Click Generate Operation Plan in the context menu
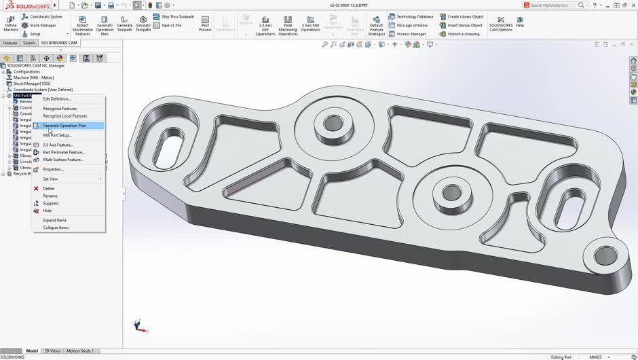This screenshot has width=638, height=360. click(x=64, y=126)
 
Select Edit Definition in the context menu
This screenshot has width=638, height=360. click(x=57, y=99)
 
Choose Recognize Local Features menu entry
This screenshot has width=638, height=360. click(x=64, y=116)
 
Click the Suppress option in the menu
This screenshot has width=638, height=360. click(x=51, y=203)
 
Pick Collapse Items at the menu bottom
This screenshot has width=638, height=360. click(x=56, y=228)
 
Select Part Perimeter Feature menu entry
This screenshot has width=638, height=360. click(x=64, y=152)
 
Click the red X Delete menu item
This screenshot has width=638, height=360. click(x=48, y=188)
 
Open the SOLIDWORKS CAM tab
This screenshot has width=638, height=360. click(x=59, y=43)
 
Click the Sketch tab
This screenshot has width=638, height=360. click(x=29, y=43)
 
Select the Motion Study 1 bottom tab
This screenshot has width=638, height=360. click(x=80, y=351)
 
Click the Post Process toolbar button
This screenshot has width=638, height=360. click(x=205, y=24)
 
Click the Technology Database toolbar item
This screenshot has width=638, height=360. click(x=414, y=16)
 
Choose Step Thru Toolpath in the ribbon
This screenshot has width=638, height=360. click(x=177, y=16)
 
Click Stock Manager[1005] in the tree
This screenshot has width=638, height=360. click(x=31, y=84)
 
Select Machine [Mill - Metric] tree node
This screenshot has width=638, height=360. click(x=35, y=77)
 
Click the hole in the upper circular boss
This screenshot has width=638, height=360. click(x=333, y=124)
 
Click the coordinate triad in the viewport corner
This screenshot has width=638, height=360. click(x=138, y=325)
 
